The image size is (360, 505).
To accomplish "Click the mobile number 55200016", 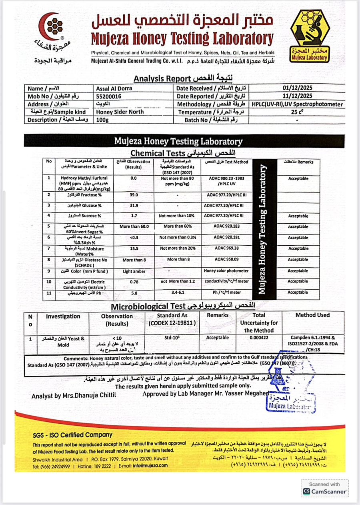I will click(x=108, y=96).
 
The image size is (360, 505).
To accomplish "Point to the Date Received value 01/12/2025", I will click(x=297, y=88).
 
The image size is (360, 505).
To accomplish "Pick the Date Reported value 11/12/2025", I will click(x=297, y=96).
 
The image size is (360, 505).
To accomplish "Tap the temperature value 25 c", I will click(x=297, y=112).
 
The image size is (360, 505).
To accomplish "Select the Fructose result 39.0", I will click(x=134, y=194).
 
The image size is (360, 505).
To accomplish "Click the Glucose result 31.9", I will click(x=134, y=205).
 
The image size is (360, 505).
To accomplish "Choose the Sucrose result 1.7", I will click(x=134, y=216).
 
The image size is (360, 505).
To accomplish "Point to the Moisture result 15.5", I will click(x=134, y=248).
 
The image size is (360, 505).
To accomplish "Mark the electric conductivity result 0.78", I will click(x=134, y=281).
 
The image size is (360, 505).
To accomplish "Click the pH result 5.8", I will click(x=134, y=293).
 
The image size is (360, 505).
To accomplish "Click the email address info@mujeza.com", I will click(x=151, y=465).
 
